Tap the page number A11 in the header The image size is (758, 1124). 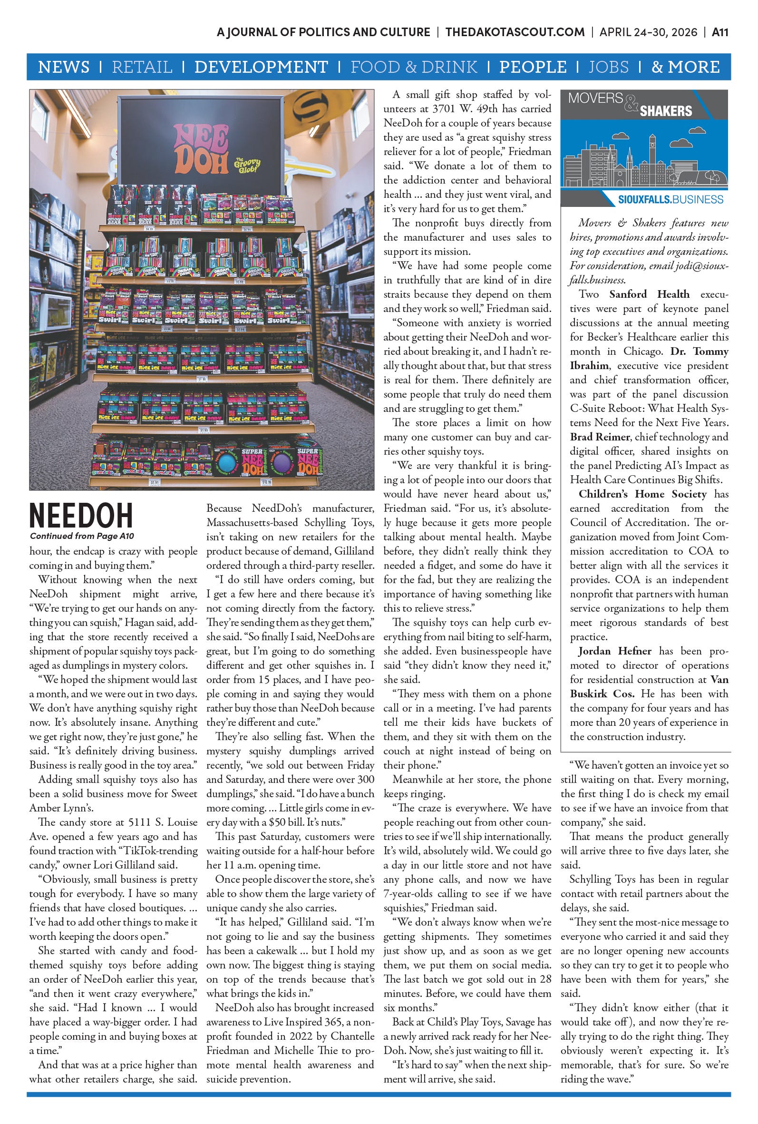pyautogui.click(x=720, y=32)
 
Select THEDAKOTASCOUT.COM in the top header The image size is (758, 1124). pyautogui.click(x=515, y=32)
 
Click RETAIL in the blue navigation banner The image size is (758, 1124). pyautogui.click(x=142, y=67)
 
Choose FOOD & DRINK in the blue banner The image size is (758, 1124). pyautogui.click(x=414, y=67)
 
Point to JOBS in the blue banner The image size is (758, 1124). pyautogui.click(x=608, y=67)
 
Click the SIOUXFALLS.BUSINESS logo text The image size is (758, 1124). pyautogui.click(x=671, y=199)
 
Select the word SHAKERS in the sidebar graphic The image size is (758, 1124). pyautogui.click(x=666, y=111)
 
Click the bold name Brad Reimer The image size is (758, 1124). pyautogui.click(x=600, y=437)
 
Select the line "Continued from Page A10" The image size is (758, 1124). pyautogui.click(x=82, y=536)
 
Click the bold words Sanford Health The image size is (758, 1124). pyautogui.click(x=649, y=294)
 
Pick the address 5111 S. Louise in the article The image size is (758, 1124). pyautogui.click(x=163, y=822)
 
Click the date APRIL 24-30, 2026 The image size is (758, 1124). pyautogui.click(x=648, y=32)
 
